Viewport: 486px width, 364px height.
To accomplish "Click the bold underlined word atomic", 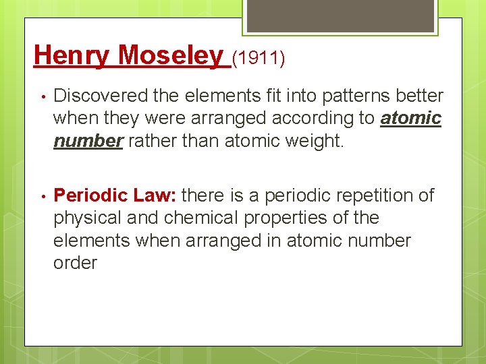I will point(410,119).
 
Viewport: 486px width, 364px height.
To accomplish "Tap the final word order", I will point(75,263).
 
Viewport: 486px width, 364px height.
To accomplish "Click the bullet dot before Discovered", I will point(41,97).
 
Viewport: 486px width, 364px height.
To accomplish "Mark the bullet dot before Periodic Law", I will point(41,196).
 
